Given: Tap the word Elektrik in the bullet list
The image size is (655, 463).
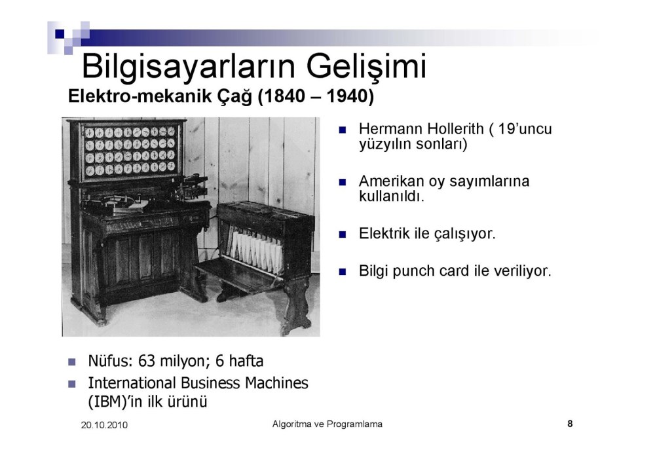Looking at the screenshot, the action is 384,234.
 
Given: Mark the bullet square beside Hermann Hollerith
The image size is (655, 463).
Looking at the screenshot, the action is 343,130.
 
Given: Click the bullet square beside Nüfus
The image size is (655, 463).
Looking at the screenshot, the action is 72,361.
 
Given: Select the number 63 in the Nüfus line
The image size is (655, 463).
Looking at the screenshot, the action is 147,361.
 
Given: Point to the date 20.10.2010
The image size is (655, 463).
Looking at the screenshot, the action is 104,425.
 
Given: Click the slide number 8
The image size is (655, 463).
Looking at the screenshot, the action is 570,424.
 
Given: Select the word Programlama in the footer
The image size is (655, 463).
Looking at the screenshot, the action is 354,424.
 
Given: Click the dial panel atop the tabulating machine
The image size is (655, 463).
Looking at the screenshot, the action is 130,151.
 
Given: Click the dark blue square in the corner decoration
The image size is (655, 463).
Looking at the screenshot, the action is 60,33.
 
